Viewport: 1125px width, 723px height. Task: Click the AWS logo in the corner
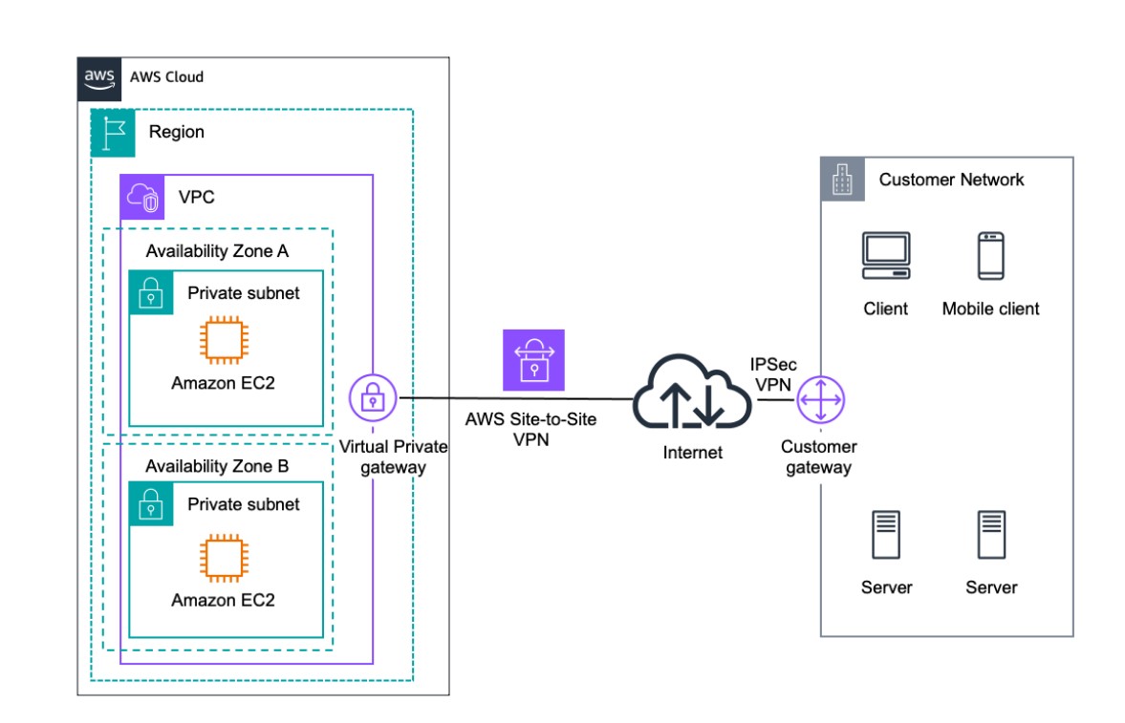(x=98, y=77)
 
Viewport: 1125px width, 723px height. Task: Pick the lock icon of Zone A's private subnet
(x=151, y=293)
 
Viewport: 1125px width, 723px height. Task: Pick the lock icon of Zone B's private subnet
(x=151, y=504)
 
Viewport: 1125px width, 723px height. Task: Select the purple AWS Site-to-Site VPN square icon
(x=533, y=361)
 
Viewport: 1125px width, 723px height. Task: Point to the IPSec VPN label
(x=773, y=373)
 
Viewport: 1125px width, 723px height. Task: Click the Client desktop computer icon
(x=886, y=256)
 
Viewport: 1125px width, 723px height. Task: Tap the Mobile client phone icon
(x=990, y=256)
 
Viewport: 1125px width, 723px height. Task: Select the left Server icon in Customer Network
(x=886, y=535)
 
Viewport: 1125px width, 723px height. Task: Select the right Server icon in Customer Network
(x=990, y=535)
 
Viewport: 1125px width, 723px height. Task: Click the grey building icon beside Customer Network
(x=843, y=180)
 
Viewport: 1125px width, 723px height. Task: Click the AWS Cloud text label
(x=166, y=77)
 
